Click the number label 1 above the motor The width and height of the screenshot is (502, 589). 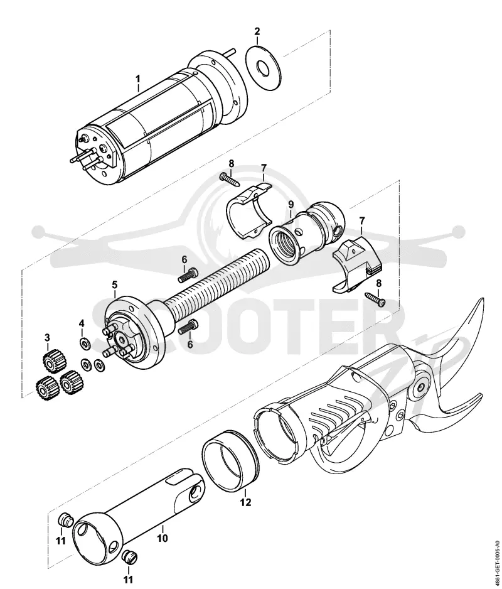point(138,79)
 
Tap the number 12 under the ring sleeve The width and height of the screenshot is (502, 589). point(246,502)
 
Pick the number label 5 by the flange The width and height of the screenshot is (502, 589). point(114,284)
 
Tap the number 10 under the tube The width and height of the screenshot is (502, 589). point(162,538)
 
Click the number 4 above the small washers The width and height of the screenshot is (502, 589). point(82,323)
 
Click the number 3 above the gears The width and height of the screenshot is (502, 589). point(47,338)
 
